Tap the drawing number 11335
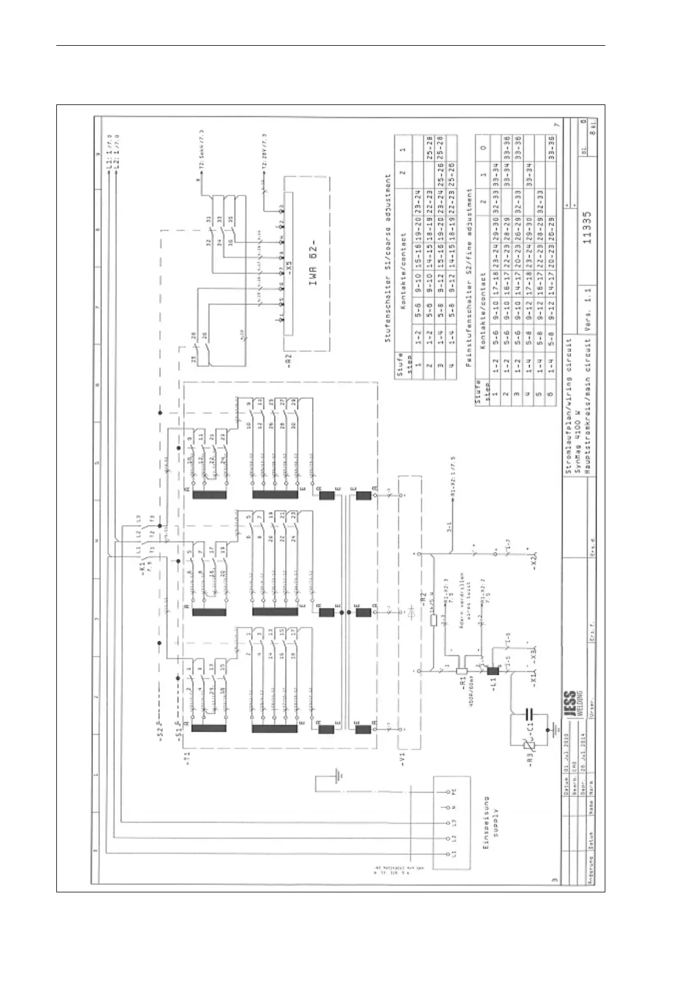tap(588, 228)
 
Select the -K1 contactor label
tap(143, 567)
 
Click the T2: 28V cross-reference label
tap(265, 155)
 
